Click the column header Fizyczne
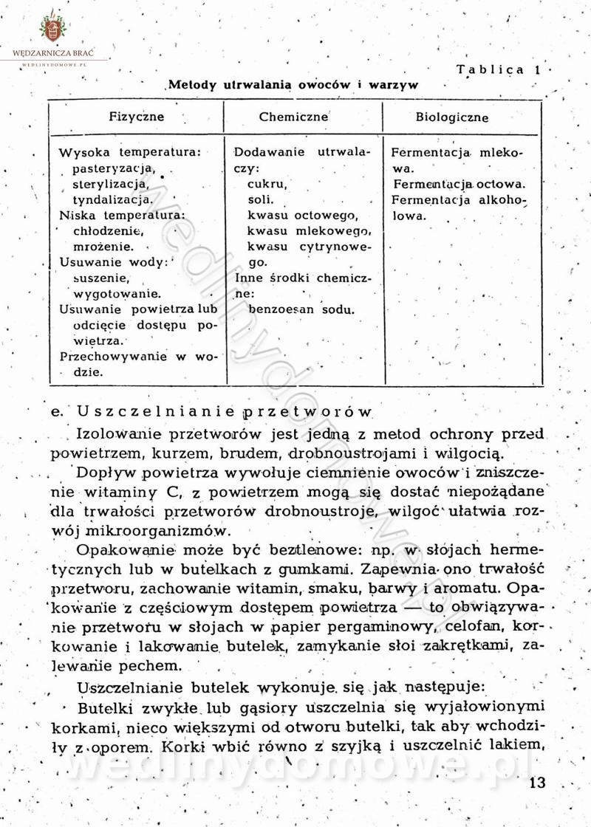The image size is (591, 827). tap(137, 117)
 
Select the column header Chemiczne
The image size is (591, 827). tap(293, 117)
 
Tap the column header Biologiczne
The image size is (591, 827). tap(451, 117)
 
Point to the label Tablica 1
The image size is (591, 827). tap(499, 70)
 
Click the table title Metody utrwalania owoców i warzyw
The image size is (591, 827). tap(293, 85)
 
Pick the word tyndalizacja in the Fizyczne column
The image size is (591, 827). tap(113, 199)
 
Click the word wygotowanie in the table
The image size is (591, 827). tap(117, 294)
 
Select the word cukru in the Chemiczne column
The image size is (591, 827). tap(267, 184)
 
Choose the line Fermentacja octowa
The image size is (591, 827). tap(459, 184)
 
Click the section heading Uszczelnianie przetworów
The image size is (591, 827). tap(213, 411)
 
